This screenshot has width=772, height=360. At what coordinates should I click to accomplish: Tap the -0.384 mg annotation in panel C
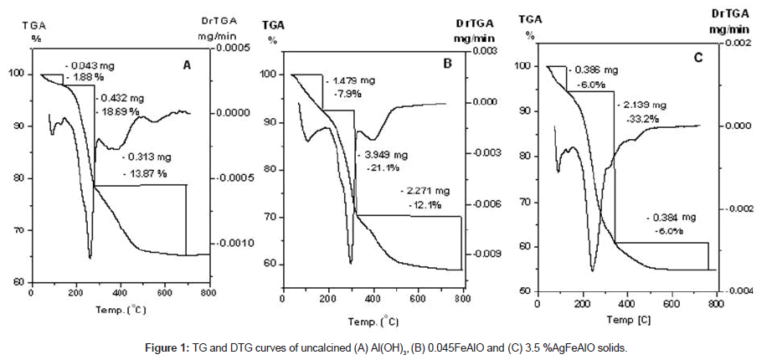tap(671, 217)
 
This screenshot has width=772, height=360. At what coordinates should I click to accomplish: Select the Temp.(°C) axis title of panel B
tap(373, 321)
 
